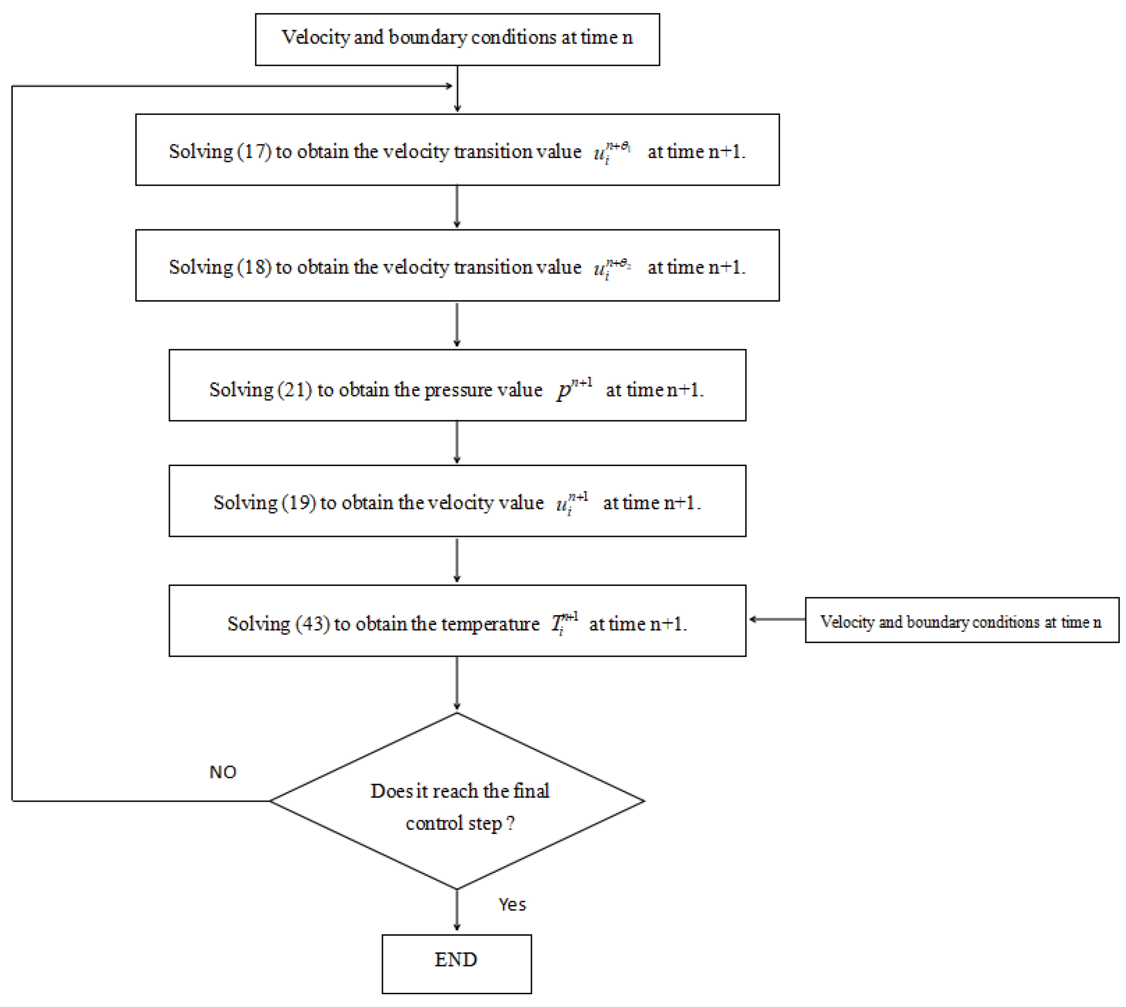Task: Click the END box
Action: click(456, 959)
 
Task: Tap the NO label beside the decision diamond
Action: click(223, 772)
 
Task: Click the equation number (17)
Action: click(254, 151)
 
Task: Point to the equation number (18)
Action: click(254, 267)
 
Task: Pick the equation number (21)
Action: click(294, 390)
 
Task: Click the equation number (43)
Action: click(313, 624)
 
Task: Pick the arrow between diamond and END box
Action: click(456, 910)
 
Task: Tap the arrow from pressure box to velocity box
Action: click(456, 443)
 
